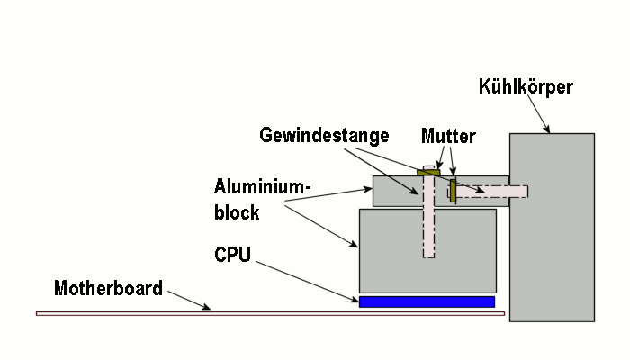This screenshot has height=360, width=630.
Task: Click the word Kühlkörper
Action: pyautogui.click(x=526, y=86)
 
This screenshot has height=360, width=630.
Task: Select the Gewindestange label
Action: pyautogui.click(x=324, y=135)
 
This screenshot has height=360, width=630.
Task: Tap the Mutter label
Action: pyautogui.click(x=447, y=136)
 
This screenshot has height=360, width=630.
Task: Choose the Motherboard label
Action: pyautogui.click(x=108, y=289)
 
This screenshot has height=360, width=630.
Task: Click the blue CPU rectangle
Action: pyautogui.click(x=427, y=301)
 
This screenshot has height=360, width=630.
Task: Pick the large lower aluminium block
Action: pyautogui.click(x=387, y=252)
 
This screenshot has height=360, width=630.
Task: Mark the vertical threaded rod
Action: pyautogui.click(x=428, y=225)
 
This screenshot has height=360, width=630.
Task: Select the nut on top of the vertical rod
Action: pyautogui.click(x=427, y=171)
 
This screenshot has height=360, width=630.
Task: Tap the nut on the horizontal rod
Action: pyautogui.click(x=453, y=191)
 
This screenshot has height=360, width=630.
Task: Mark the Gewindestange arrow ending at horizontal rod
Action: pyautogui.click(x=432, y=171)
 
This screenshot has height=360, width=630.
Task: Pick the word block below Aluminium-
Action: pyautogui.click(x=237, y=212)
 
